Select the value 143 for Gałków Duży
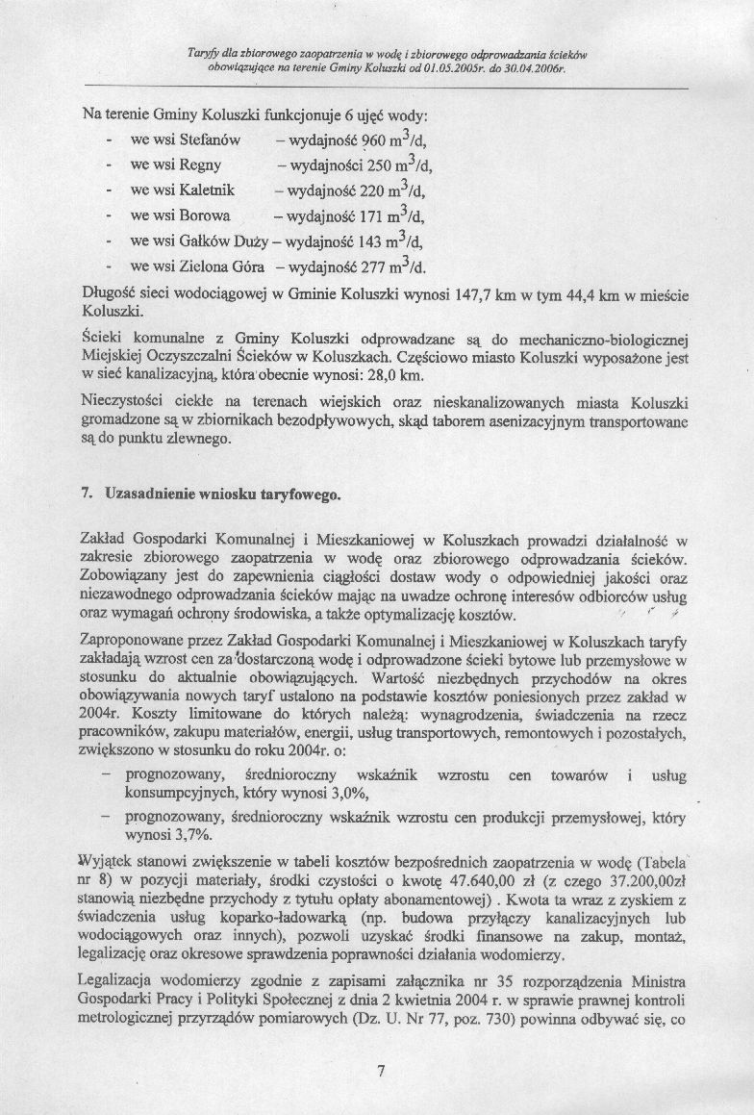tap(365, 239)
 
